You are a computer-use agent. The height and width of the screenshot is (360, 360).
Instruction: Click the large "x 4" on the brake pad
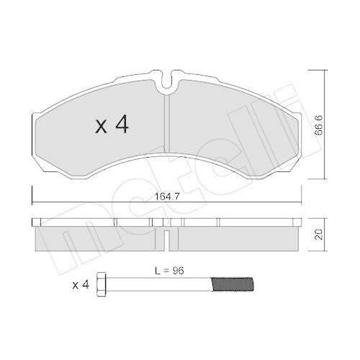[x=112, y=126]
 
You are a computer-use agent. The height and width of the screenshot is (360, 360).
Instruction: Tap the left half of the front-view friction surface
[x=101, y=137]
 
